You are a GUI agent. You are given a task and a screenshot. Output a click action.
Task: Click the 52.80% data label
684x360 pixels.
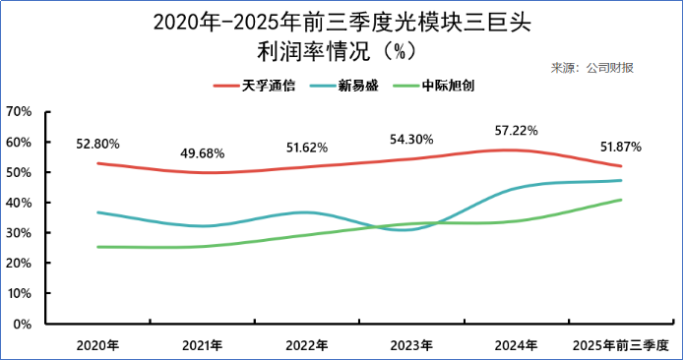[97, 144]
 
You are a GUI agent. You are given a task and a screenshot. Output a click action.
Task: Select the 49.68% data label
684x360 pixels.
[202, 153]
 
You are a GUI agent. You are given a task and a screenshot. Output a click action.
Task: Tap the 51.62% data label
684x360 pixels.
[306, 148]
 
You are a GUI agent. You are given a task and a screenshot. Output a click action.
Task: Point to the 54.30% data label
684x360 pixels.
[411, 139]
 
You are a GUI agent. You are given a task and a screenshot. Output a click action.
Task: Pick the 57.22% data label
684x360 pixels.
[517, 130]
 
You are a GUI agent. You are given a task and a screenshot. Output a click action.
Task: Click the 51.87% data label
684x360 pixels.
[621, 148]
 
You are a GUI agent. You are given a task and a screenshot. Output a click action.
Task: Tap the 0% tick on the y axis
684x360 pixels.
[24, 324]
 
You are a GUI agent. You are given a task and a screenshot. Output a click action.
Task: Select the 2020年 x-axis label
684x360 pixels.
[97, 345]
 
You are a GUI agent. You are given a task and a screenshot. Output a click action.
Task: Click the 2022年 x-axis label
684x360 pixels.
[306, 345]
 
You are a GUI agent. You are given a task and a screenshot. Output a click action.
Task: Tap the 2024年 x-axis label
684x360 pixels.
[517, 345]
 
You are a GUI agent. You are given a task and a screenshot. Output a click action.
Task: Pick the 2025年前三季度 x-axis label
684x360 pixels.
[621, 345]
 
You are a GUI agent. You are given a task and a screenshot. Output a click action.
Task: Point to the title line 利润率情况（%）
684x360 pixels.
[342, 48]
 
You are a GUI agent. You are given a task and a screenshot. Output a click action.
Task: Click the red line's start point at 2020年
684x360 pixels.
[97, 163]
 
